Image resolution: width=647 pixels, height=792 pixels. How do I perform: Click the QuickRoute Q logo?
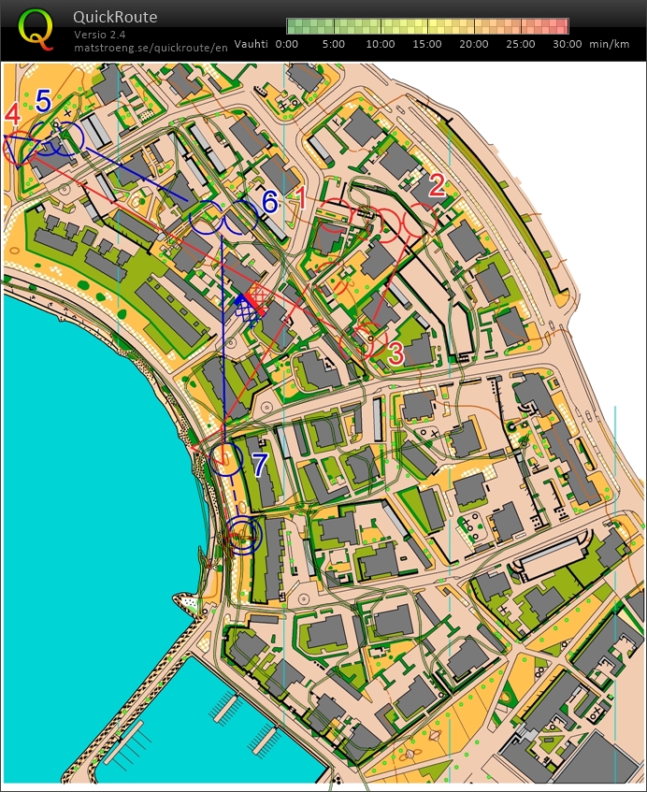pyautogui.click(x=36, y=28)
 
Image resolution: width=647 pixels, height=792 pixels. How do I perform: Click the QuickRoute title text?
pyautogui.click(x=115, y=17)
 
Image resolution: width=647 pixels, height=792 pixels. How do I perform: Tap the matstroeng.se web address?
pyautogui.click(x=151, y=47)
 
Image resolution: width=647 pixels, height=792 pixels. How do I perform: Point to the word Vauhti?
pyautogui.click(x=252, y=43)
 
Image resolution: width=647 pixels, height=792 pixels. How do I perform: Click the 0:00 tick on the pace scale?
pyautogui.click(x=287, y=43)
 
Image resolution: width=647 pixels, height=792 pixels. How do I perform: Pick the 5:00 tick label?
pyautogui.click(x=334, y=43)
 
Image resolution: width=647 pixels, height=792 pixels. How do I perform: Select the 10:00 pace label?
pyautogui.click(x=381, y=43)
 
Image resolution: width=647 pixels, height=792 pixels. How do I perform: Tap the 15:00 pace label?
pyautogui.click(x=427, y=43)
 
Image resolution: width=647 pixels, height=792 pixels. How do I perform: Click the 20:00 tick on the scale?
pyautogui.click(x=474, y=43)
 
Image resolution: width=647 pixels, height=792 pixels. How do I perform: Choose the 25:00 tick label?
pyautogui.click(x=521, y=43)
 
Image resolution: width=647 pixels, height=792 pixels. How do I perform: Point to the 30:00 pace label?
pyautogui.click(x=568, y=43)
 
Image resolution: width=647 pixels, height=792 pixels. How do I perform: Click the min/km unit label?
pyautogui.click(x=611, y=43)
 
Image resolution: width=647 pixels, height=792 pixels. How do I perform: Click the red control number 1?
pyautogui.click(x=301, y=196)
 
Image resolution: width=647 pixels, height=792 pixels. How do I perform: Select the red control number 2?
pyautogui.click(x=436, y=185)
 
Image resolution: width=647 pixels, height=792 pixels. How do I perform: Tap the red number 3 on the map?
pyautogui.click(x=395, y=353)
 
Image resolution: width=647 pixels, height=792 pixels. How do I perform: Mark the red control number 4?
pyautogui.click(x=12, y=114)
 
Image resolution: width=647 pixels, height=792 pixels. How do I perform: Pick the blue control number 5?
pyautogui.click(x=43, y=99)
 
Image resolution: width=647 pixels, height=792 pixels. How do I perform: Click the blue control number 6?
pyautogui.click(x=269, y=201)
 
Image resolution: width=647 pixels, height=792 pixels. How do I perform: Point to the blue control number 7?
pyautogui.click(x=259, y=463)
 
